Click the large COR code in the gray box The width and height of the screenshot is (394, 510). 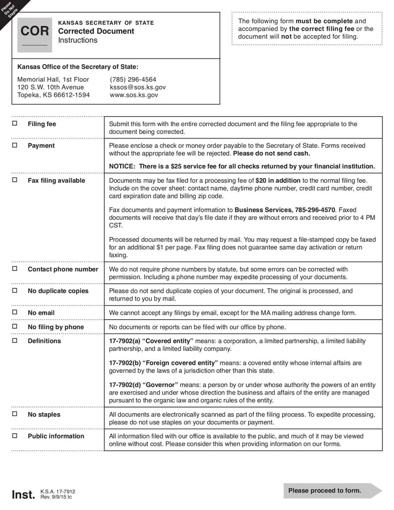pos(35,32)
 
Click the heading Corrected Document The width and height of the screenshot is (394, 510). pos(96,31)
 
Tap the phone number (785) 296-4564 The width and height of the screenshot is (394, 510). pos(133,79)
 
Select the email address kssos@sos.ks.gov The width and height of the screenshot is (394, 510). pos(138,87)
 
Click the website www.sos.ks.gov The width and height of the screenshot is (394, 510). pos(134,95)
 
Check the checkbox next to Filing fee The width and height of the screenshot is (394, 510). pos(15,124)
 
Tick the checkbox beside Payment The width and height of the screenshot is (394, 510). pos(15,145)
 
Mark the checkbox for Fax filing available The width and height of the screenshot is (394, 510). pos(15,180)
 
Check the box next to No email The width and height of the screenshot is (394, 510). pos(15,312)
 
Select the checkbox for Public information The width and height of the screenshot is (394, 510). pos(15,436)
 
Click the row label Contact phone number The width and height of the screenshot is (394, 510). pos(63,269)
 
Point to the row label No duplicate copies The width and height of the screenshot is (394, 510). pos(58,291)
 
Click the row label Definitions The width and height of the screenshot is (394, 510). pos(44,341)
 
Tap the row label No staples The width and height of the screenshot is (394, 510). pos(44,414)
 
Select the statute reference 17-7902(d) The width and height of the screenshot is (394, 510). pos(125,385)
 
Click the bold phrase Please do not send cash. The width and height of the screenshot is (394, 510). pos(271,153)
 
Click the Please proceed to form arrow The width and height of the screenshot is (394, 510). pos(329,490)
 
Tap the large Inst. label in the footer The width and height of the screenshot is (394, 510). pos(23,495)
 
